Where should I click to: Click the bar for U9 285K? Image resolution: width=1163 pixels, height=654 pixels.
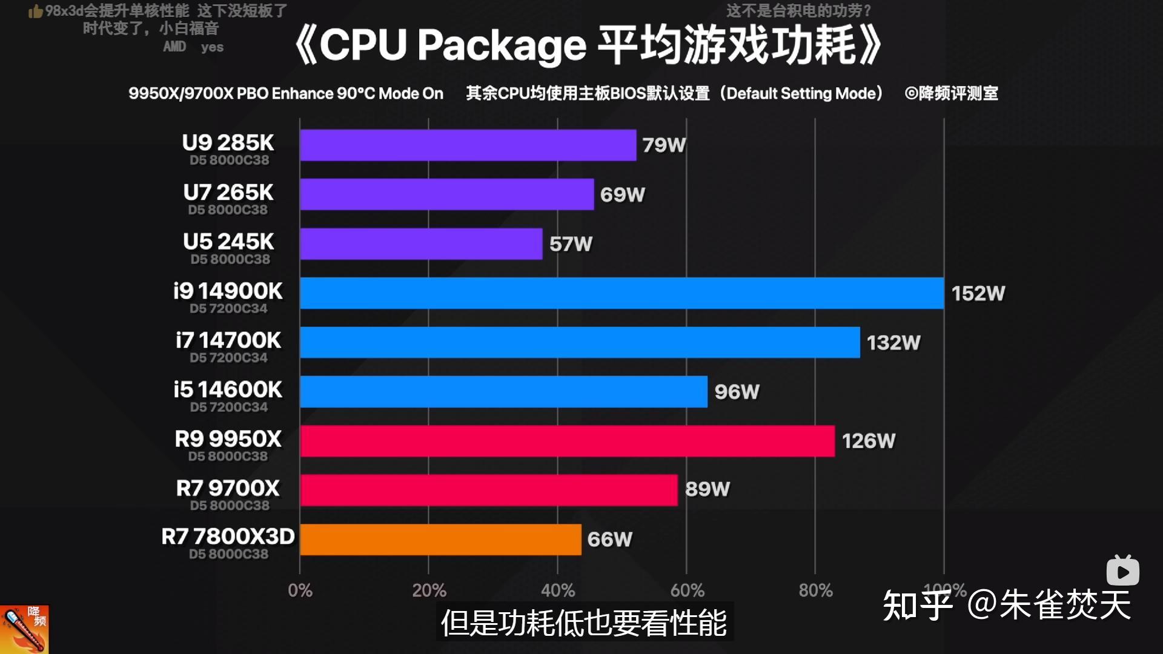pos(468,145)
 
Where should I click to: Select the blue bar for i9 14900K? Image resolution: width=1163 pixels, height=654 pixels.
pos(621,293)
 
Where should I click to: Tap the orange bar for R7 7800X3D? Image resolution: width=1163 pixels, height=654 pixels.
pos(440,540)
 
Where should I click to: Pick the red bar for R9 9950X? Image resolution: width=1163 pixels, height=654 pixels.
pos(567,441)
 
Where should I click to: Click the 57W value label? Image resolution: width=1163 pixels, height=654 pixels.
pos(571,244)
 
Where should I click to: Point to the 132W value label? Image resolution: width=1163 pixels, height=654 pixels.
pos(893,343)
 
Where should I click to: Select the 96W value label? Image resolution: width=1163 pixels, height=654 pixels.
pos(737,392)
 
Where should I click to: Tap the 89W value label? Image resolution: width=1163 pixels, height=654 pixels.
pos(707,489)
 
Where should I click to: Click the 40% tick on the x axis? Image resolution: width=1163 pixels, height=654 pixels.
pos(557,590)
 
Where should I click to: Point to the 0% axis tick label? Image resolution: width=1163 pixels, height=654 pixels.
pos(300,590)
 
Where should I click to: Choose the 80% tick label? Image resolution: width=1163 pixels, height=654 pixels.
pos(815,590)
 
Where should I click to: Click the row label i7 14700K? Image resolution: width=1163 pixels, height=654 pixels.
pos(228,340)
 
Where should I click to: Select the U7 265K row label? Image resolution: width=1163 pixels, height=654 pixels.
pos(228,193)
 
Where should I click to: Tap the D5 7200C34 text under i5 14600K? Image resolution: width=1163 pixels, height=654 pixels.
pos(228,408)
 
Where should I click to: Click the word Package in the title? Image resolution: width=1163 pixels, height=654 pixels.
pos(500,46)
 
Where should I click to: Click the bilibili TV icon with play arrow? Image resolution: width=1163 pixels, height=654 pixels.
pos(1122,571)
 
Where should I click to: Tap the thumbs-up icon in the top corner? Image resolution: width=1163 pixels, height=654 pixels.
pos(35,12)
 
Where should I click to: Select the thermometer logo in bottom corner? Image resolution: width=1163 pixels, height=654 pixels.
pos(24,630)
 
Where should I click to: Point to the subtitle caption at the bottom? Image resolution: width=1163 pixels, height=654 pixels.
pos(584,623)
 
